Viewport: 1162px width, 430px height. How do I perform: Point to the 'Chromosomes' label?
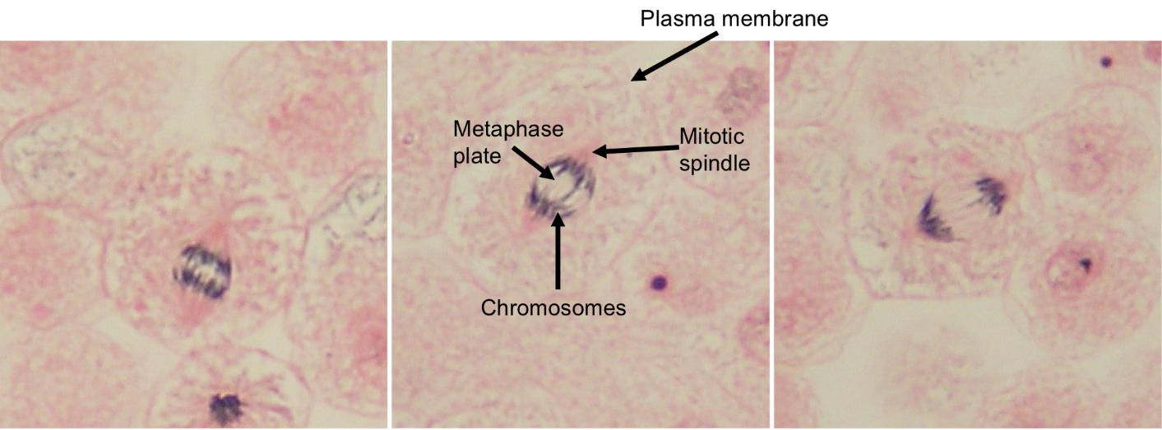[553, 308]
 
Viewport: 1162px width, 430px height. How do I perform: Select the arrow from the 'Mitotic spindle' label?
[634, 150]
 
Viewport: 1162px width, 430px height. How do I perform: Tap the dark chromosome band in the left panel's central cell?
[202, 270]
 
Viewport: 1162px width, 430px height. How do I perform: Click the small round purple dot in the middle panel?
[657, 283]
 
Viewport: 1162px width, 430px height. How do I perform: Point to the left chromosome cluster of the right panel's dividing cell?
[936, 217]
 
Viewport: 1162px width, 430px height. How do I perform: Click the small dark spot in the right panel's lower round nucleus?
[1086, 264]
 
